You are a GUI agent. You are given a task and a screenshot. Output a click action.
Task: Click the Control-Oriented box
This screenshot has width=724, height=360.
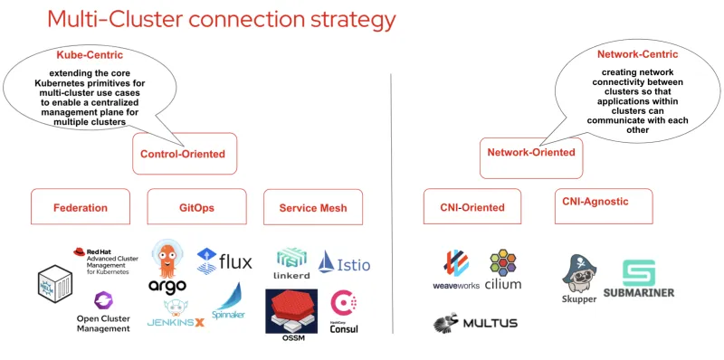click(x=183, y=154)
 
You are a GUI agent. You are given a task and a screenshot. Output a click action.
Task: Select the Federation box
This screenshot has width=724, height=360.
click(x=81, y=207)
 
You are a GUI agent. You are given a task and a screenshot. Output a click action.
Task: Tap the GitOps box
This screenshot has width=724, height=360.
click(x=196, y=207)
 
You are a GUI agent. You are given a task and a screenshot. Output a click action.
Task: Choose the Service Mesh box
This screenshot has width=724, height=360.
click(x=312, y=207)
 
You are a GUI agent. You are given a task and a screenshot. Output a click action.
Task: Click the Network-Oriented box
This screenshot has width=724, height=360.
click(x=531, y=153)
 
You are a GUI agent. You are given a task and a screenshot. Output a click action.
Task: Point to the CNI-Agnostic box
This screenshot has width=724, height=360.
click(x=593, y=201)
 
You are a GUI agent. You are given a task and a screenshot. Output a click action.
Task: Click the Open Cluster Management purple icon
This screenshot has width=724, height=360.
click(x=101, y=301)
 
